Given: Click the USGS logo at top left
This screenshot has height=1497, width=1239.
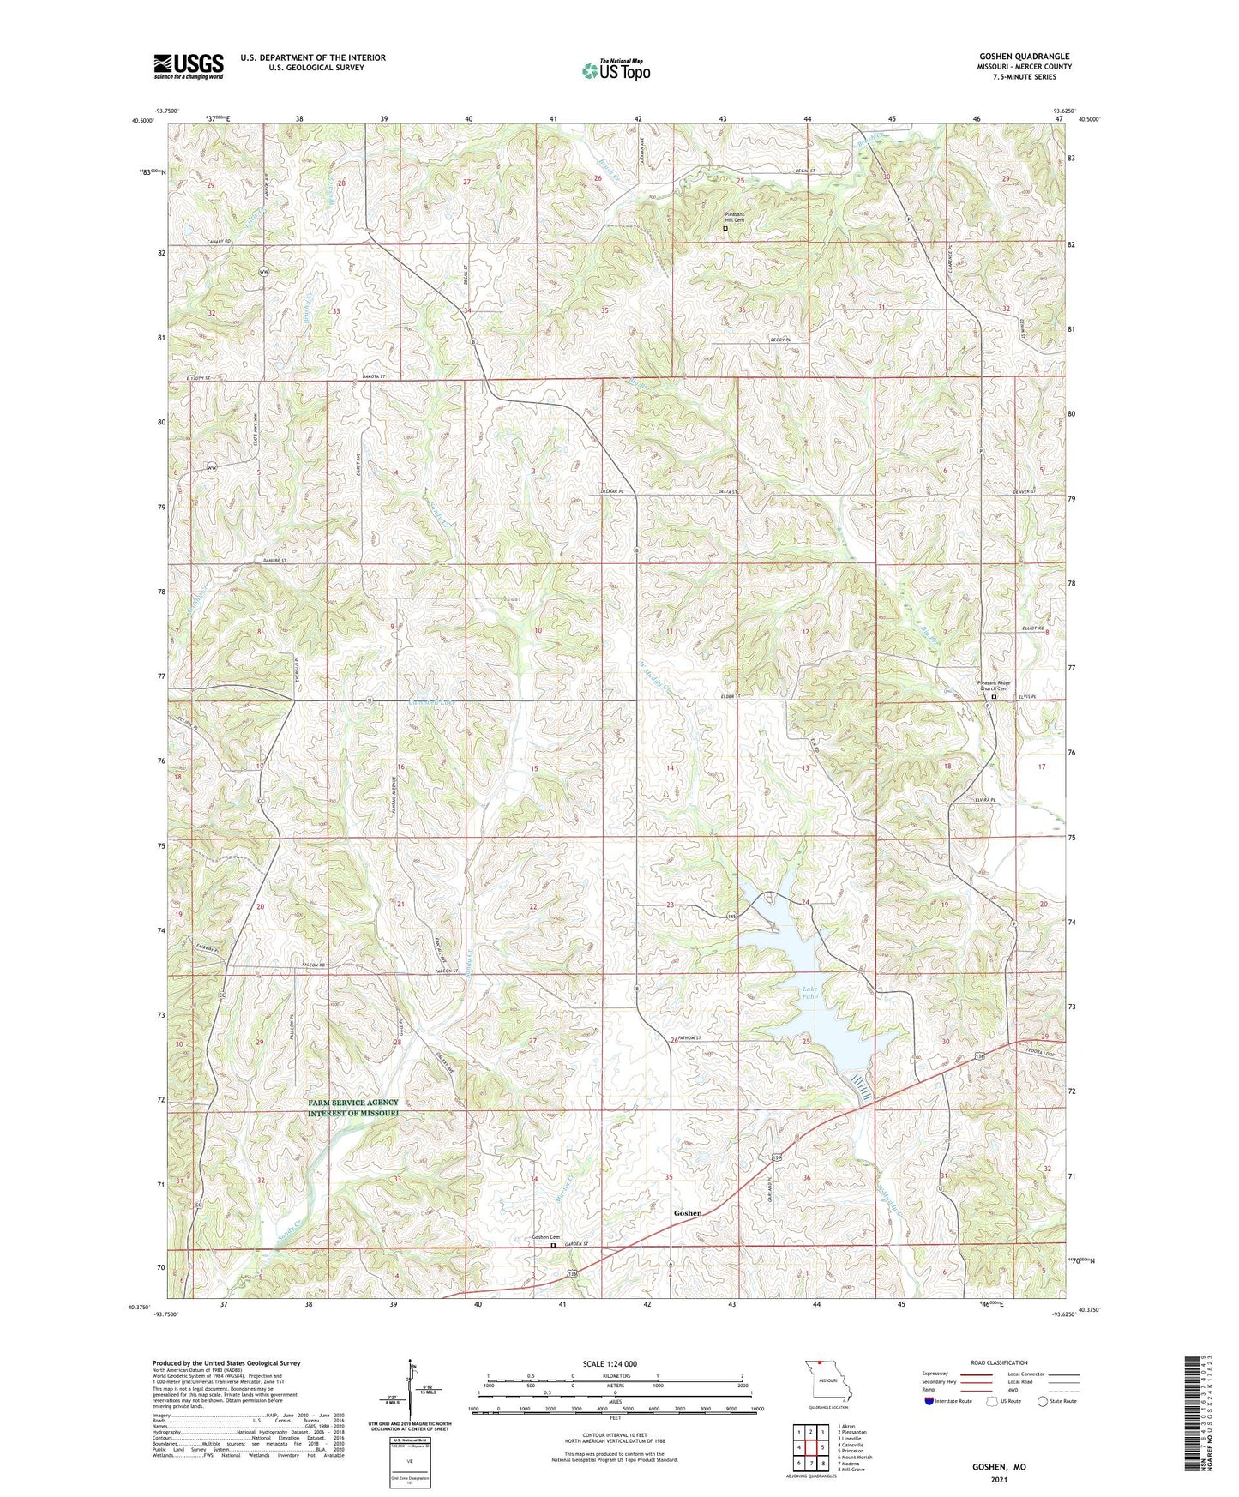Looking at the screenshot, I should point(189,66).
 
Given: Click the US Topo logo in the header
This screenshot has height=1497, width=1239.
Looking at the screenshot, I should point(616,71).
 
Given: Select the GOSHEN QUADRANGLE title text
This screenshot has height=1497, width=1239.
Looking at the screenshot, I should point(1024,57).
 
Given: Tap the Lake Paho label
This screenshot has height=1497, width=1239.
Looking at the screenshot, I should point(808,994).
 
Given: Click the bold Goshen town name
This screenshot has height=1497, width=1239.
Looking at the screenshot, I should point(688,1213).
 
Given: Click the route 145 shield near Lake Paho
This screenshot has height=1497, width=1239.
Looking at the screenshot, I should point(731,917).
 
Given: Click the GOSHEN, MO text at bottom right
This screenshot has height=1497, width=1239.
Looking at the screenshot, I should point(998,1467).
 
